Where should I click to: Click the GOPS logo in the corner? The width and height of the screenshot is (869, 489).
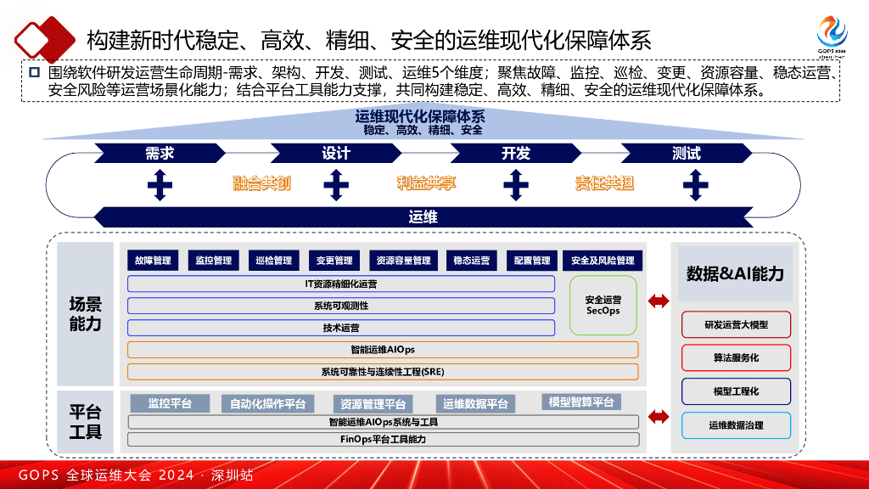pyautogui.click(x=832, y=32)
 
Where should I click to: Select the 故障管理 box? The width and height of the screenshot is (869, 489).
pyautogui.click(x=150, y=261)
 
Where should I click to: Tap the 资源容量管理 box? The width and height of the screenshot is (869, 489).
pyautogui.click(x=403, y=261)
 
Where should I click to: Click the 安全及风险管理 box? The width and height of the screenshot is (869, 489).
pyautogui.click(x=603, y=261)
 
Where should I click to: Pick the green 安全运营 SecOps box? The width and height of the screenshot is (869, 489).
pyautogui.click(x=603, y=305)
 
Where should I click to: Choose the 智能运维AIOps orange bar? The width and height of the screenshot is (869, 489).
pyautogui.click(x=382, y=349)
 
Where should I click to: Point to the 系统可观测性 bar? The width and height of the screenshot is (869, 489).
pyautogui.click(x=341, y=306)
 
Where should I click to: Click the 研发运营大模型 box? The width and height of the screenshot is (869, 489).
pyautogui.click(x=736, y=325)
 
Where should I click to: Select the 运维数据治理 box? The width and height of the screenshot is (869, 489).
pyautogui.click(x=736, y=425)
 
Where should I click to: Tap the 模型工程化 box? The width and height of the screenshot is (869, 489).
pyautogui.click(x=736, y=391)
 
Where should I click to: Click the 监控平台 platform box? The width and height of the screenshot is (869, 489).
pyautogui.click(x=170, y=403)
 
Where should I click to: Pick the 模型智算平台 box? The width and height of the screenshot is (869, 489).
pyautogui.click(x=580, y=402)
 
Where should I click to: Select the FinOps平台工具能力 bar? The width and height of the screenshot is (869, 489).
pyautogui.click(x=383, y=439)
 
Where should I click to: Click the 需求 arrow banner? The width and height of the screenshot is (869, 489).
pyautogui.click(x=160, y=154)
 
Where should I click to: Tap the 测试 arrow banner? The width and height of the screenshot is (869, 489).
pyautogui.click(x=686, y=154)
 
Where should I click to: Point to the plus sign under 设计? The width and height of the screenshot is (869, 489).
pyautogui.click(x=336, y=183)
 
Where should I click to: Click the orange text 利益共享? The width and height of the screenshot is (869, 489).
pyautogui.click(x=426, y=183)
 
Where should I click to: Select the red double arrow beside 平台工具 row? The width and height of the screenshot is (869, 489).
pyautogui.click(x=659, y=416)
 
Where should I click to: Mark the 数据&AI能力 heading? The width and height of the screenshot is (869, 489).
pyautogui.click(x=735, y=273)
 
